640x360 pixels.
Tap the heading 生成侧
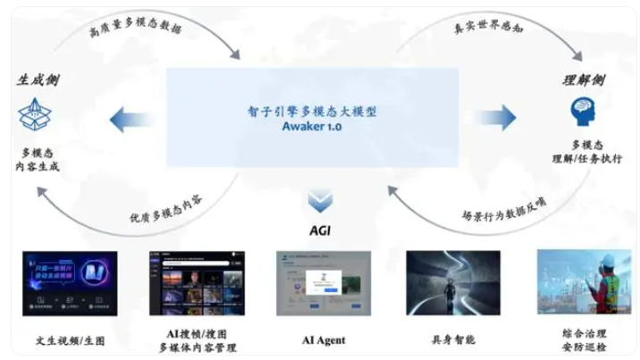click(x=38, y=80)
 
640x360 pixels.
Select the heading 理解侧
click(x=585, y=80)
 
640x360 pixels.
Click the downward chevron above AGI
click(x=320, y=201)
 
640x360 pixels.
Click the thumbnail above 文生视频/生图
click(x=70, y=283)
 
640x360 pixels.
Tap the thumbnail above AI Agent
click(x=323, y=283)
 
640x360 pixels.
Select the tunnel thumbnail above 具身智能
click(x=452, y=283)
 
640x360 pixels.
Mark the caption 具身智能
click(x=452, y=339)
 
